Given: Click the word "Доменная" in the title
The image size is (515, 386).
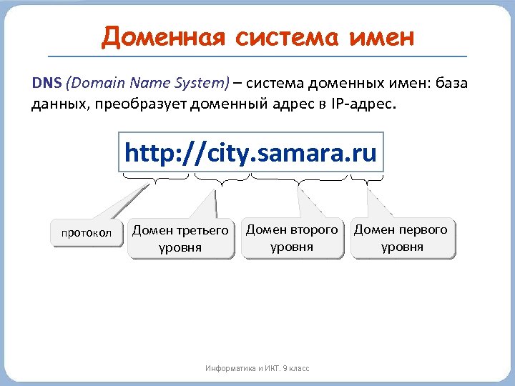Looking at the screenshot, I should [x=146, y=36].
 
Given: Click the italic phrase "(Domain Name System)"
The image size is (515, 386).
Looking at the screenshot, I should [x=147, y=83].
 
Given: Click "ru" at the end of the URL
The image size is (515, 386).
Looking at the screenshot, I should [x=364, y=153].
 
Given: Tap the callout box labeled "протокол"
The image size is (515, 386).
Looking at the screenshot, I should [x=86, y=233].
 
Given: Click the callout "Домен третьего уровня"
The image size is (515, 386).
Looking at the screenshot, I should [x=181, y=239].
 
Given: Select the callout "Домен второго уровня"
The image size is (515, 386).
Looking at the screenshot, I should [x=292, y=238].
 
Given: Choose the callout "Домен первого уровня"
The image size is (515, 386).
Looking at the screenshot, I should [x=401, y=238].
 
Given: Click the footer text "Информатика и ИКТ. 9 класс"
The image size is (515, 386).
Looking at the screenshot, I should [x=257, y=368].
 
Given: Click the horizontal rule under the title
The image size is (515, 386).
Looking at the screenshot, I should [x=257, y=56].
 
